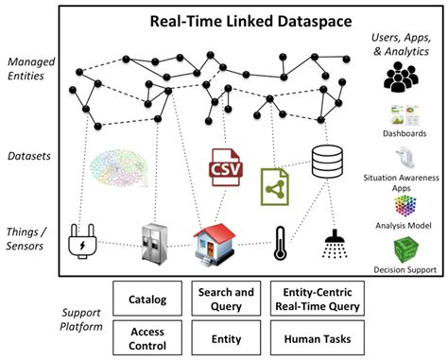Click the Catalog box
pos(148,300)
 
